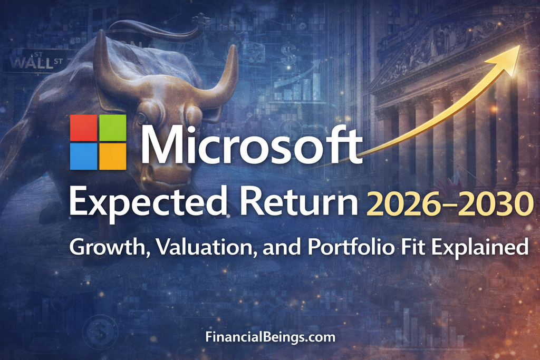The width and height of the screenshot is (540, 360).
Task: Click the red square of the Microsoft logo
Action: [x=84, y=128]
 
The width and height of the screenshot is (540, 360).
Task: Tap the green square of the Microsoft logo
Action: [x=112, y=128]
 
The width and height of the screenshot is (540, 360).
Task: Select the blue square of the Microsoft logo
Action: [x=84, y=156]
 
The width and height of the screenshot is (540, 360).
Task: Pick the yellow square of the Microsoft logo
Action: [x=112, y=156]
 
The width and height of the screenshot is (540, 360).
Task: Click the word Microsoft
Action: [x=252, y=144]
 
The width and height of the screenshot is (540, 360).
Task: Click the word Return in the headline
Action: [x=258, y=204]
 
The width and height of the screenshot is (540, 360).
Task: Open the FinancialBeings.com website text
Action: [x=269, y=337]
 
